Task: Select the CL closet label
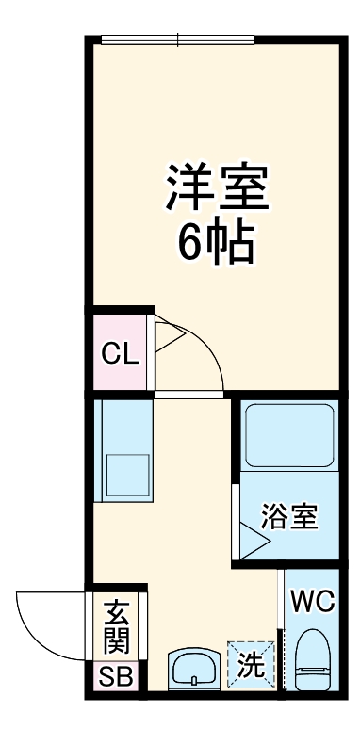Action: (121, 354)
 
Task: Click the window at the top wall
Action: (177, 40)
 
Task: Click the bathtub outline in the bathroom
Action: (286, 435)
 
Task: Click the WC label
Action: (311, 601)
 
